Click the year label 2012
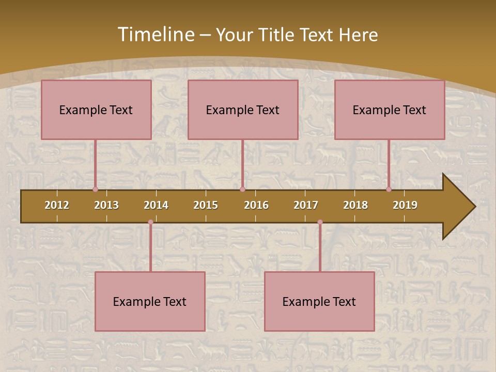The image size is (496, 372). pyautogui.click(x=57, y=205)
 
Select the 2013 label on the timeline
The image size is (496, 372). pyautogui.click(x=106, y=205)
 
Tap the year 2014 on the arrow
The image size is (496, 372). pyautogui.click(x=156, y=205)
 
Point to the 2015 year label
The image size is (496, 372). pyautogui.click(x=206, y=205)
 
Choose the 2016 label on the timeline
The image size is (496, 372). pyautogui.click(x=256, y=205)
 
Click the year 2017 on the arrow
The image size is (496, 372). pyautogui.click(x=306, y=205)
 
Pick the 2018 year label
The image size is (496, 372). pyautogui.click(x=355, y=205)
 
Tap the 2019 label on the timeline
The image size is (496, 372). pyautogui.click(x=405, y=205)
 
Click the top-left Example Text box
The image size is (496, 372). pyautogui.click(x=96, y=110)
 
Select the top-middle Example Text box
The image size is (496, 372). pyautogui.click(x=243, y=110)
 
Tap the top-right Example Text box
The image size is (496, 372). pyautogui.click(x=390, y=110)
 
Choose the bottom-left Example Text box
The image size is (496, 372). pyautogui.click(x=150, y=301)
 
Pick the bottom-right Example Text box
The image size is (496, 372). pyautogui.click(x=319, y=301)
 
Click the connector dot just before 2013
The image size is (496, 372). pyautogui.click(x=96, y=189)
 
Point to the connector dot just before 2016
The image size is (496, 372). pyautogui.click(x=242, y=189)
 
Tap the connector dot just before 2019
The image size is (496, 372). pyautogui.click(x=389, y=189)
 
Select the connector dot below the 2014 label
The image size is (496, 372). pyautogui.click(x=150, y=222)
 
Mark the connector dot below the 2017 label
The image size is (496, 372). pyautogui.click(x=320, y=222)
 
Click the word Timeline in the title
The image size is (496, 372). pyautogui.click(x=154, y=35)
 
